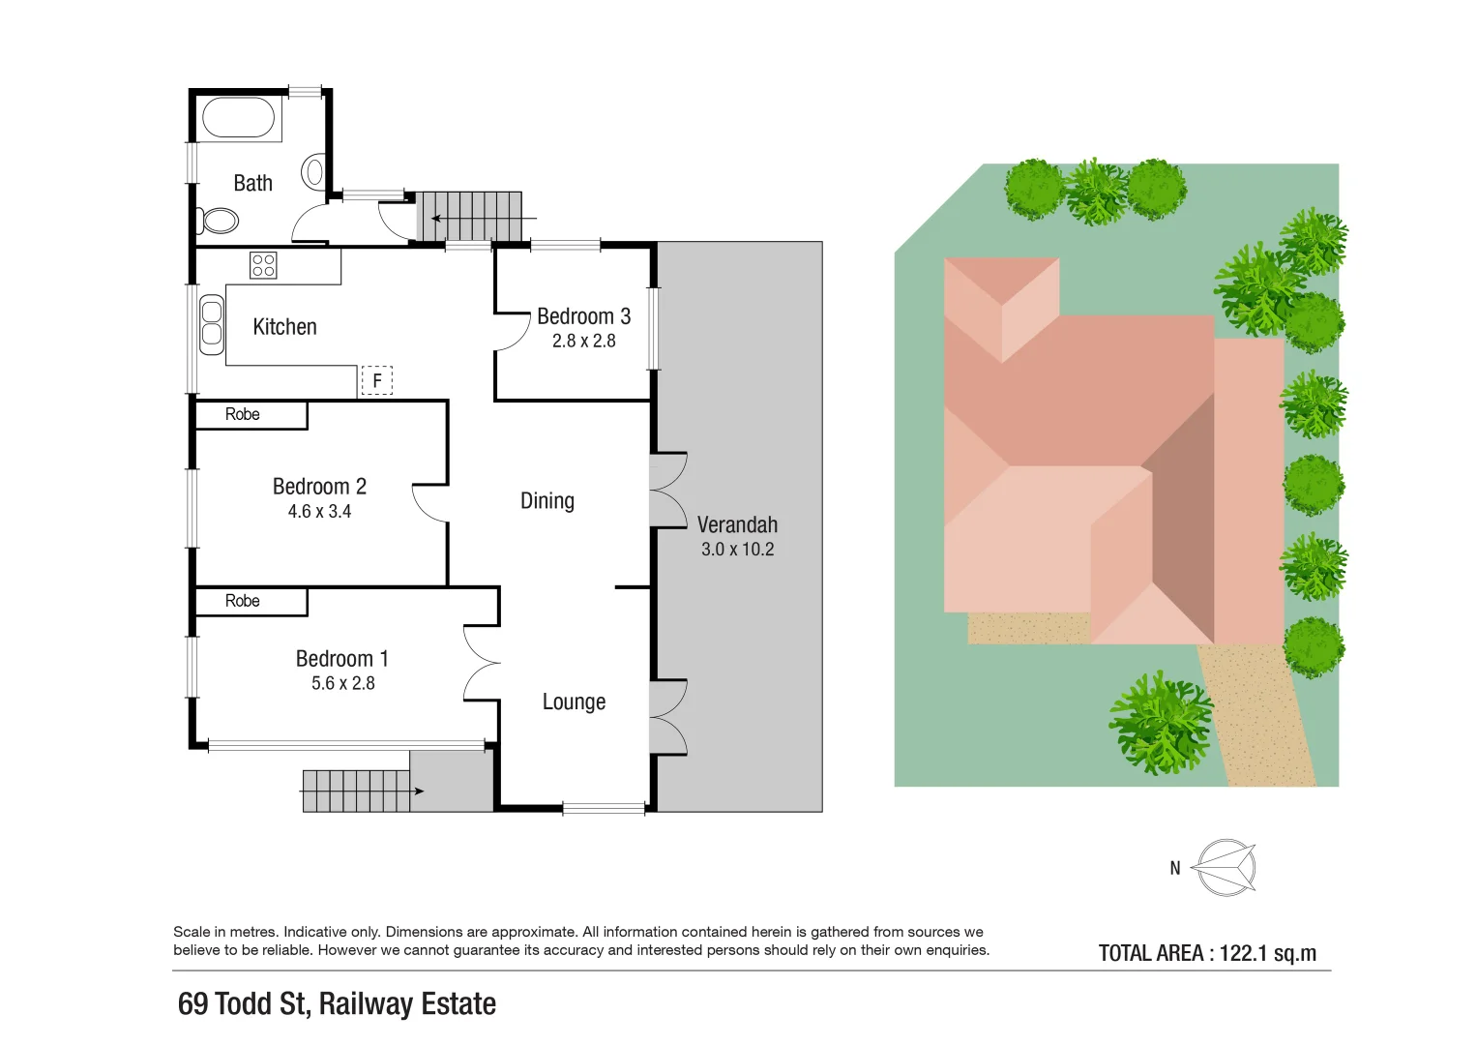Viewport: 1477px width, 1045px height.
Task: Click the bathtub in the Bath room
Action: [239, 119]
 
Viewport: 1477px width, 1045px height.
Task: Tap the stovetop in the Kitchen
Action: [263, 265]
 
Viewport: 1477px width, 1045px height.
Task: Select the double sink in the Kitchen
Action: [211, 324]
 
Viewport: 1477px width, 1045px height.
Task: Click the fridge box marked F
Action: [377, 381]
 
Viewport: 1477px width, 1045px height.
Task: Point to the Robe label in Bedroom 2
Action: [243, 414]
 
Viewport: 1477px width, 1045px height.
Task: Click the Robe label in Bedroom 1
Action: [243, 601]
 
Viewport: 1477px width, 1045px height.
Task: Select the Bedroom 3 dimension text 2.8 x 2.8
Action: [583, 341]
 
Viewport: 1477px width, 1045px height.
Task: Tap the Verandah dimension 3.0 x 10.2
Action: [737, 550]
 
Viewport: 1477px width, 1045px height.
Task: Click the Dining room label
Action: [547, 501]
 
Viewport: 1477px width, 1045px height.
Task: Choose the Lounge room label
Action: [574, 702]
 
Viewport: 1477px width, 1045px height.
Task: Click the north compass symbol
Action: [1225, 867]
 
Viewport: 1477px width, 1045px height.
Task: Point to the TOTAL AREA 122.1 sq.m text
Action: [1207, 953]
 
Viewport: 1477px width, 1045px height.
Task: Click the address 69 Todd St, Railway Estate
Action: [337, 1004]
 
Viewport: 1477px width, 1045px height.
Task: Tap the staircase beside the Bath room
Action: [470, 216]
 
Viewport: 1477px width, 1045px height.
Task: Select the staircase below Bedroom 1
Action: [356, 791]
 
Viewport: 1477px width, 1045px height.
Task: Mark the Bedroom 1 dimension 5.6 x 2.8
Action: [342, 683]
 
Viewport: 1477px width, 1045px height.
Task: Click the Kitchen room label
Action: [284, 327]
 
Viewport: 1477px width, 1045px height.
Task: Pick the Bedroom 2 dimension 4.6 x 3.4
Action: [319, 512]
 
